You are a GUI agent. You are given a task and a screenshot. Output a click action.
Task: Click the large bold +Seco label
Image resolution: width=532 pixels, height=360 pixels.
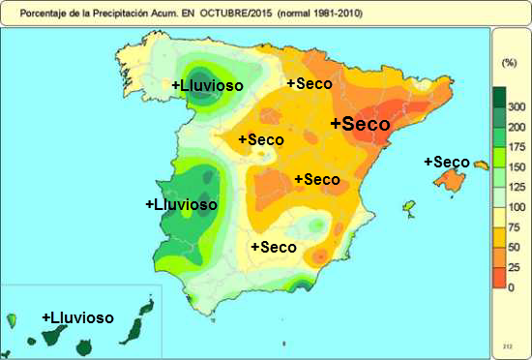point(360,125)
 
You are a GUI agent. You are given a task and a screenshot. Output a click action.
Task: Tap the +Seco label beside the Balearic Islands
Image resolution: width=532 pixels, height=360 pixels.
point(446,162)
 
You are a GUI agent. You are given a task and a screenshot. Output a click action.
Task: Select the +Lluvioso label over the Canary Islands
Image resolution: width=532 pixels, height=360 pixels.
point(77,317)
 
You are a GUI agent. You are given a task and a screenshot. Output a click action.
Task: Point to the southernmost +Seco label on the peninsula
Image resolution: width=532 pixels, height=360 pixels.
point(273,247)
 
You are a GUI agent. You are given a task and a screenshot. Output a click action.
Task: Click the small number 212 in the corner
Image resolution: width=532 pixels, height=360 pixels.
point(507,345)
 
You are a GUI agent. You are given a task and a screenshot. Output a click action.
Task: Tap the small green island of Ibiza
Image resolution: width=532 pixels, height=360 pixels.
point(409,209)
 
